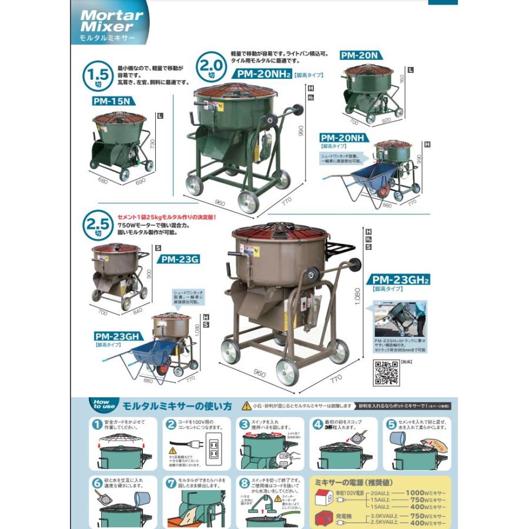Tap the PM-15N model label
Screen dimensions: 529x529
(x=111, y=101)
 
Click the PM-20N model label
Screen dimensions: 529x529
(x=359, y=56)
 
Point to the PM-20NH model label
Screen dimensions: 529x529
(x=342, y=138)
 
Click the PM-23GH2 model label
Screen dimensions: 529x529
(x=397, y=280)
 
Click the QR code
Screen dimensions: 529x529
(x=387, y=371)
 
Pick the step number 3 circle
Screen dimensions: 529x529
(x=245, y=424)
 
